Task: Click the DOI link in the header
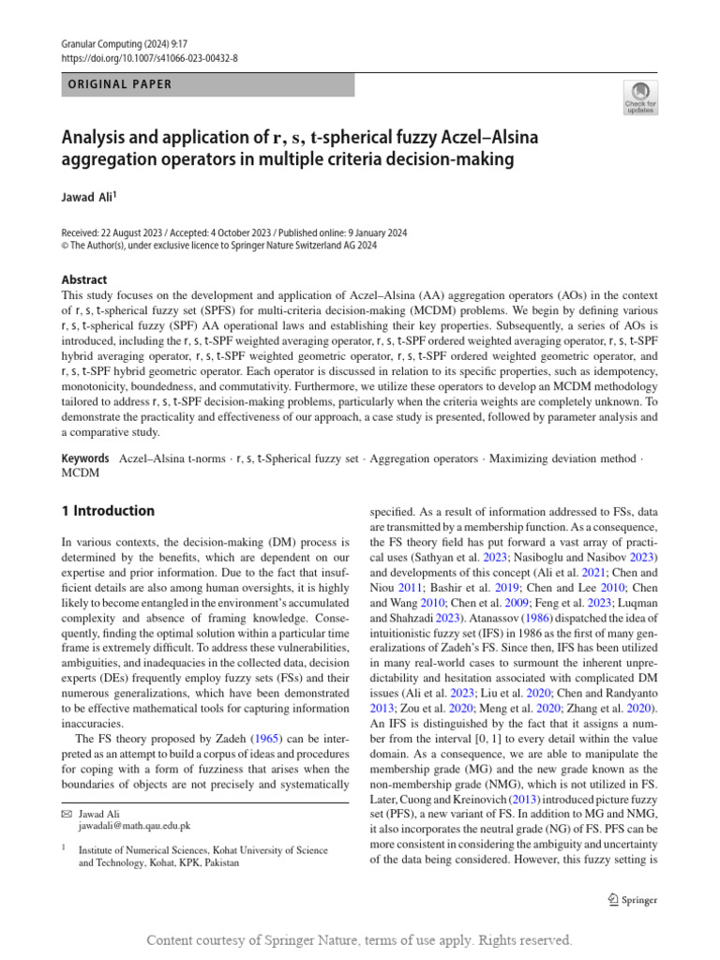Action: pos(150,58)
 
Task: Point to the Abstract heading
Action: pos(84,279)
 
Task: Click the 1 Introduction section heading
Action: pos(108,511)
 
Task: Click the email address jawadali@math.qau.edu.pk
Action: pos(134,826)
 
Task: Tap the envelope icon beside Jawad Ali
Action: pos(66,814)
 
